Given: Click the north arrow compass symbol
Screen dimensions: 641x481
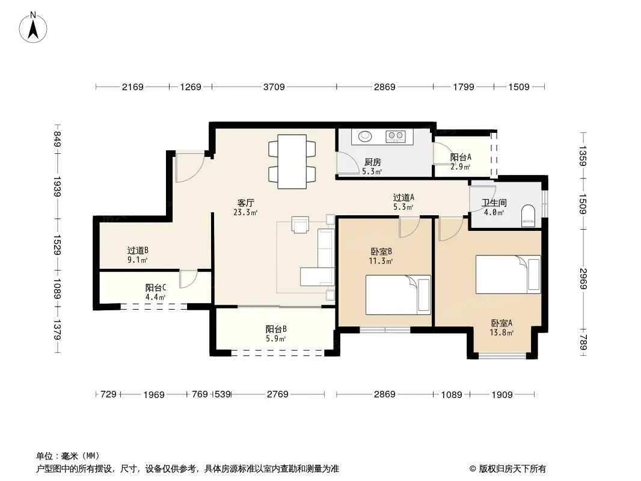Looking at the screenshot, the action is (x=33, y=28).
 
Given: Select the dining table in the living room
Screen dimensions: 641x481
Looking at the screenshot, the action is (x=292, y=161).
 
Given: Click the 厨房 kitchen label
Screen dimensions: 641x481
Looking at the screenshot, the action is (x=372, y=162).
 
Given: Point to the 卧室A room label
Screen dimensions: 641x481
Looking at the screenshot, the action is (x=501, y=323).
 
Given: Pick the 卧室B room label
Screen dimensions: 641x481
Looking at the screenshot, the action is (x=381, y=252).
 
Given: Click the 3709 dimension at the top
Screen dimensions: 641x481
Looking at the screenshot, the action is (x=274, y=87).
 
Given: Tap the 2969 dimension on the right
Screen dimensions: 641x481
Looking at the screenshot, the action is (x=583, y=279).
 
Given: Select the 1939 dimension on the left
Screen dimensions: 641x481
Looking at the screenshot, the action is (x=57, y=187).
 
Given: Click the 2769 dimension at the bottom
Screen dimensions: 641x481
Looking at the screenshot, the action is (x=278, y=394).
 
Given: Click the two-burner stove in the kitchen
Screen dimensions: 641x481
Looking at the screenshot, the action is (x=395, y=136).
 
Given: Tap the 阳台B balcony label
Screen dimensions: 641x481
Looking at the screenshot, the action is (x=276, y=329).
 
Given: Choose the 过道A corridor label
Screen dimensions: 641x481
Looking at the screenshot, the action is (x=403, y=198).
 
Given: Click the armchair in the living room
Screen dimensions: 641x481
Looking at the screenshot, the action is (x=301, y=224).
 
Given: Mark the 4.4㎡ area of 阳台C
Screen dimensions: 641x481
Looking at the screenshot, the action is (x=155, y=297).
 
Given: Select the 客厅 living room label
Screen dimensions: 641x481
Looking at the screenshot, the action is (x=246, y=203).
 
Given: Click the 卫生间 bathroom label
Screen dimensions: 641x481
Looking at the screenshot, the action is (x=494, y=203).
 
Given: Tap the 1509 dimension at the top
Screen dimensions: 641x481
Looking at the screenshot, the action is (x=519, y=87).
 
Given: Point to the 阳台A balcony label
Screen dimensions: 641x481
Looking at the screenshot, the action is (x=461, y=158).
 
